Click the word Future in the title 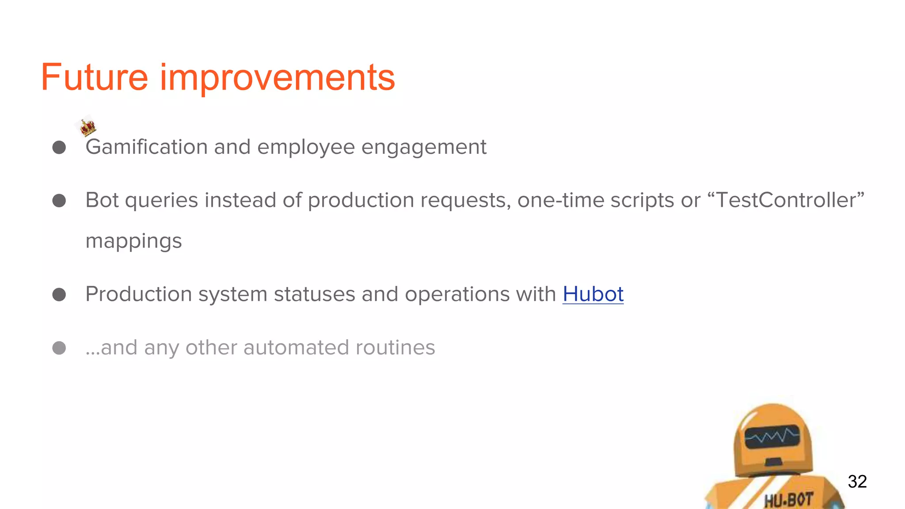coord(94,78)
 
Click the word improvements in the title coord(277,78)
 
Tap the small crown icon coord(87,127)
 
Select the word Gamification coord(146,147)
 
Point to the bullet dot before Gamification coord(59,148)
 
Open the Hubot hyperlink coord(593,294)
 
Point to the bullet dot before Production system coord(59,295)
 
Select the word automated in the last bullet coord(296,348)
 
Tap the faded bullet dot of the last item coord(59,348)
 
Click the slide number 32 coord(857,482)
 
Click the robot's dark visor coord(772,437)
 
